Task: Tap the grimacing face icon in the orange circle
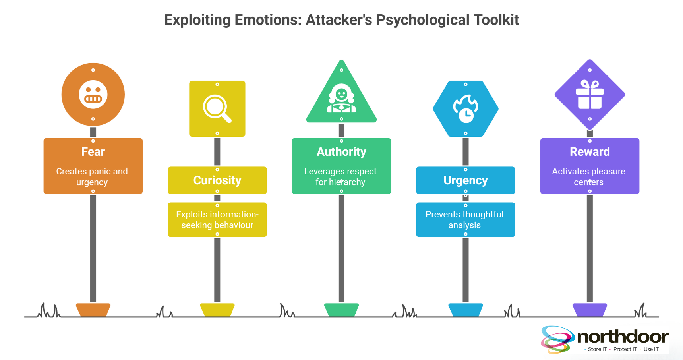coord(93,95)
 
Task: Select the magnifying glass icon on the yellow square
coord(217,108)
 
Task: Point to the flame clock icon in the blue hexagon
coord(466,108)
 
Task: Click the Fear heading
coord(93,152)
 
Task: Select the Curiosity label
coord(217,180)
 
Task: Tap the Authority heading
coord(341,152)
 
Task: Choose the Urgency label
coord(466,180)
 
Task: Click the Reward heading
coord(590,152)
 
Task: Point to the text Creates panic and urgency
coord(92,177)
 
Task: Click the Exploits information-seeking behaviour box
coord(217,220)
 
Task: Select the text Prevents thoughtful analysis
coord(464,220)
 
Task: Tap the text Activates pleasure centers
coord(589,177)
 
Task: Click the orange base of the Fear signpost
coord(93,310)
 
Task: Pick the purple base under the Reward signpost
coord(590,310)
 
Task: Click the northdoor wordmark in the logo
coord(623,337)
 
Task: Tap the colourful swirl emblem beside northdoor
coord(557,339)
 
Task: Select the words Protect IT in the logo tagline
coord(625,349)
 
